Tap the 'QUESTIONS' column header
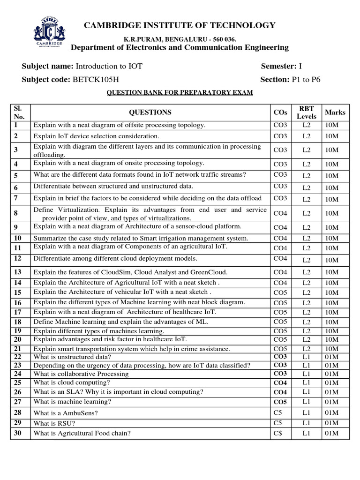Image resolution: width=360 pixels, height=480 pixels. click(150, 112)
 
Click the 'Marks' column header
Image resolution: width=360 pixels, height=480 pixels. click(335, 112)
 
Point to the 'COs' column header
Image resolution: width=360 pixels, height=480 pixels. click(280, 112)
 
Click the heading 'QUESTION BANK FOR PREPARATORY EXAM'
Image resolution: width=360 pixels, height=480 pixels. click(180, 93)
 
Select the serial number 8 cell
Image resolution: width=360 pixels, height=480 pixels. click(16, 213)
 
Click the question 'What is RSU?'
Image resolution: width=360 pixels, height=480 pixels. click(54, 423)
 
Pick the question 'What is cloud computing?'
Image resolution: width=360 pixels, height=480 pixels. click(72, 383)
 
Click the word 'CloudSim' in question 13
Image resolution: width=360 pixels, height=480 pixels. click(121, 272)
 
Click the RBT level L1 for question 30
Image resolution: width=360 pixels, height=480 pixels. click(307, 434)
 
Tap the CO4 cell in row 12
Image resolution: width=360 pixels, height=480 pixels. click(280, 258)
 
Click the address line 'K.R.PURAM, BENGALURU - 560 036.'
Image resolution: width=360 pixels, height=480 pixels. click(180, 38)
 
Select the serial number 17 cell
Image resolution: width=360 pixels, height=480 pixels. click(18, 312)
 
